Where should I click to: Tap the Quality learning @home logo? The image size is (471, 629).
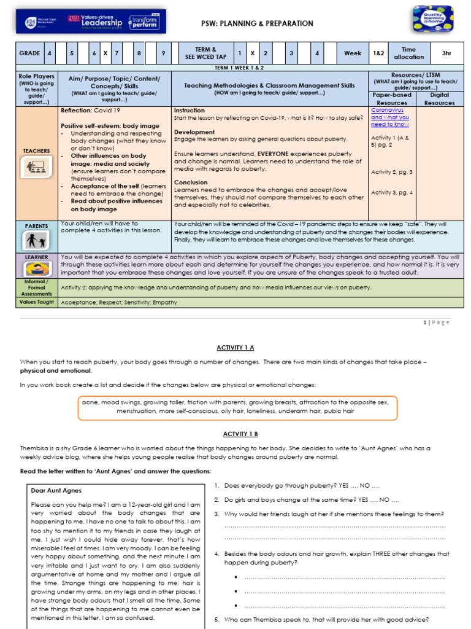click(x=433, y=19)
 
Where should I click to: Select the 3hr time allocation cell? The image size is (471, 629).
click(x=446, y=53)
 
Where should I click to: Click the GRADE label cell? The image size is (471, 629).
click(x=29, y=53)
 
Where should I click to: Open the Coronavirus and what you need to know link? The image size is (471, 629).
click(x=390, y=117)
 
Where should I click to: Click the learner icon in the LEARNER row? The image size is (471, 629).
click(x=36, y=268)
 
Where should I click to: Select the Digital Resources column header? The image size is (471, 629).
click(x=439, y=99)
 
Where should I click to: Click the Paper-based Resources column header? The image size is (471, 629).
click(x=392, y=99)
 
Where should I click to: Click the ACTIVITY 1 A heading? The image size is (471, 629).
click(x=235, y=348)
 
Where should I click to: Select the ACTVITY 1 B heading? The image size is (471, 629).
click(x=235, y=434)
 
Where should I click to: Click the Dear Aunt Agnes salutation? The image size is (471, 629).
click(x=56, y=490)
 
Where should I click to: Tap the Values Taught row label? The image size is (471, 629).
click(x=36, y=302)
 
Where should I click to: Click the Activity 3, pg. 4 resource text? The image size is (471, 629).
click(x=392, y=193)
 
